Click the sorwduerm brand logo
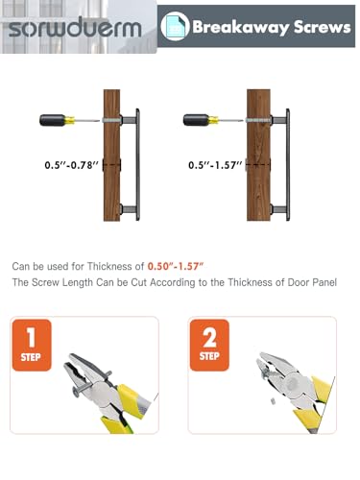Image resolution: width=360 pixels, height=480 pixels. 75,27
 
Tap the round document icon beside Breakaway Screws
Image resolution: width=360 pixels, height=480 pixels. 175,26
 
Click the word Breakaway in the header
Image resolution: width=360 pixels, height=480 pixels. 241,27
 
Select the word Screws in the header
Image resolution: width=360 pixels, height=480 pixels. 323,27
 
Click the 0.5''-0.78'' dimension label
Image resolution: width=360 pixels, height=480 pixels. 72,165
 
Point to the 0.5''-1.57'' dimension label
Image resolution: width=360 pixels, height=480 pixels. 215,165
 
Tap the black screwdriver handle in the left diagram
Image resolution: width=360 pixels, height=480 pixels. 53,120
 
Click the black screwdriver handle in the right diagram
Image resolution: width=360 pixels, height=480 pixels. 197,120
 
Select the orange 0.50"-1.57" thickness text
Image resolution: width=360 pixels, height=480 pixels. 176,266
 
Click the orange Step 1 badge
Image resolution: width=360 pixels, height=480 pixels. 32,345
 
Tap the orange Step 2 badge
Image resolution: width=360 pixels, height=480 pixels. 209,345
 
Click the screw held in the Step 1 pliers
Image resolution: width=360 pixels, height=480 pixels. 92,383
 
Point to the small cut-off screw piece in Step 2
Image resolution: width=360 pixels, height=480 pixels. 273,401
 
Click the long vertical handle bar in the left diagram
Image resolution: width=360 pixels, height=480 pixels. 137,165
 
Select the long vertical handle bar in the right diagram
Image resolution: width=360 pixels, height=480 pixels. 288,165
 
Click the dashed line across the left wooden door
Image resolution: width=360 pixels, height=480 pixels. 111,165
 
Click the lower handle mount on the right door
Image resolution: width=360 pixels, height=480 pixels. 278,209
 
